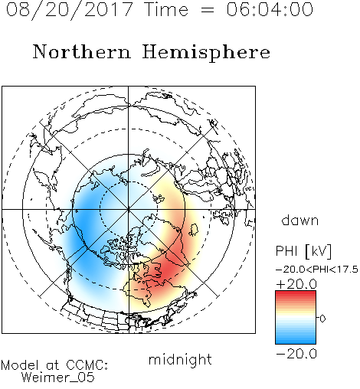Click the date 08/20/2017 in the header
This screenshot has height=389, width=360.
pyautogui.click(x=69, y=10)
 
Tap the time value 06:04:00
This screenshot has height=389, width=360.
pyautogui.click(x=270, y=9)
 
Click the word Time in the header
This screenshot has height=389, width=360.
pyautogui.click(x=166, y=9)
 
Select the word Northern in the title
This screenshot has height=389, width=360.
pyautogui.click(x=81, y=51)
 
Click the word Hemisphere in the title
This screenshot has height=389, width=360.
pyautogui.click(x=206, y=52)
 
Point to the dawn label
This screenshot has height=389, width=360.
pyautogui.click(x=300, y=220)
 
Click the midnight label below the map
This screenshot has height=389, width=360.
pyautogui.click(x=180, y=359)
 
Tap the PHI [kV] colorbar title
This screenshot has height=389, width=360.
pyautogui.click(x=303, y=251)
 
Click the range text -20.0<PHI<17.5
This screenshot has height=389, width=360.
pyautogui.click(x=316, y=270)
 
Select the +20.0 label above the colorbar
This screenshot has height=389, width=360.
pyautogui.click(x=296, y=284)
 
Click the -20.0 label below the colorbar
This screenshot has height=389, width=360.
pyautogui.click(x=296, y=354)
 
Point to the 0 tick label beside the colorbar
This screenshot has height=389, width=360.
pyautogui.click(x=322, y=319)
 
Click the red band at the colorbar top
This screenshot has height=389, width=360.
pyautogui.click(x=296, y=293)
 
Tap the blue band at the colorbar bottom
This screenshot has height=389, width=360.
pyautogui.click(x=296, y=341)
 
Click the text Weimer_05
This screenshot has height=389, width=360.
pyautogui.click(x=57, y=378)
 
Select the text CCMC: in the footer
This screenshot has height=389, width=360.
pyautogui.click(x=87, y=365)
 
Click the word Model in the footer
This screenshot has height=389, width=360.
pyautogui.click(x=21, y=365)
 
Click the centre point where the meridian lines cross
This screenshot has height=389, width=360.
pyautogui.click(x=129, y=209)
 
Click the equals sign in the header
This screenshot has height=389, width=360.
pyautogui.click(x=208, y=10)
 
